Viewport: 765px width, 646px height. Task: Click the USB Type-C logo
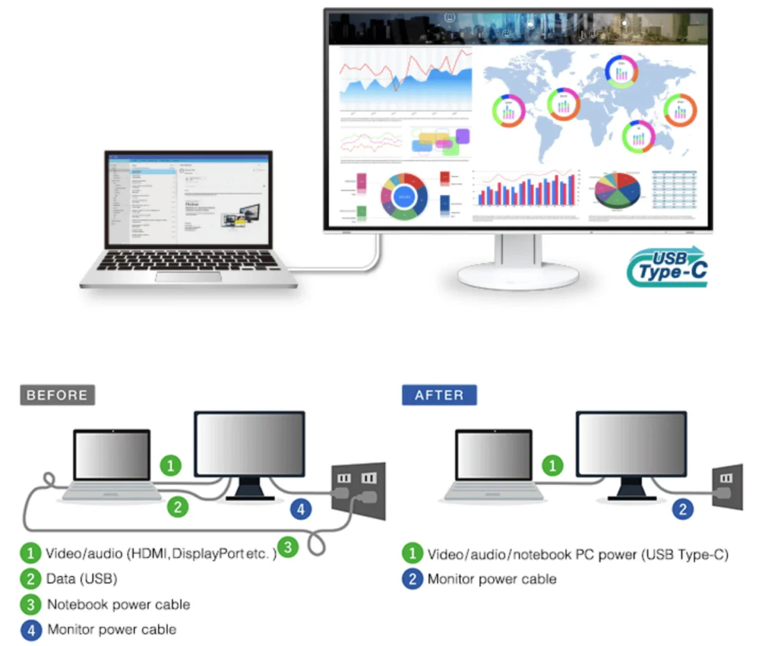[667, 266]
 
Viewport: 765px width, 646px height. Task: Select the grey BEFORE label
[57, 395]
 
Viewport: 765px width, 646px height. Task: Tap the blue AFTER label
[439, 395]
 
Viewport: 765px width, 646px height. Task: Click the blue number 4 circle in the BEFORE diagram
[301, 509]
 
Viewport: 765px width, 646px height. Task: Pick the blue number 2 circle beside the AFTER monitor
[683, 509]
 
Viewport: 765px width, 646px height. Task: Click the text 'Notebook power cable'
[119, 605]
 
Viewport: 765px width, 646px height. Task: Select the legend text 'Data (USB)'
[82, 579]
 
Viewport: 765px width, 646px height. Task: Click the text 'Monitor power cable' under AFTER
[492, 579]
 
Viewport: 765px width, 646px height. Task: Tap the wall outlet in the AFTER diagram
[727, 486]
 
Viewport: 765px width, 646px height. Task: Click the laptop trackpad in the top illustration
[188, 276]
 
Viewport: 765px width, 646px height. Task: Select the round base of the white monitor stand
[518, 275]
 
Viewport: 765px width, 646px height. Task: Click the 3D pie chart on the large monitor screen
[617, 190]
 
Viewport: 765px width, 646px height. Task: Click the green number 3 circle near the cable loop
[288, 547]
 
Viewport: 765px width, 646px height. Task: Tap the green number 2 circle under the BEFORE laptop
[178, 507]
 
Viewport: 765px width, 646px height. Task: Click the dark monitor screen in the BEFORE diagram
[249, 444]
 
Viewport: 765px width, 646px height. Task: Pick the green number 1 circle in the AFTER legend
[412, 553]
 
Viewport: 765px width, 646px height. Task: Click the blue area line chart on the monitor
[405, 86]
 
